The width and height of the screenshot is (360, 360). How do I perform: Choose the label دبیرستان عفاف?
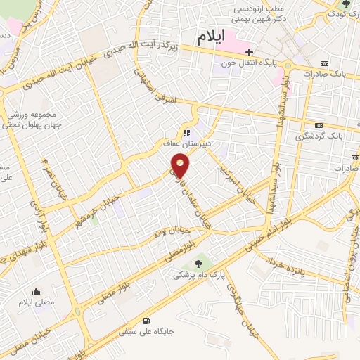183,143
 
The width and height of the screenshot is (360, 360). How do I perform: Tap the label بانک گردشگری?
323,136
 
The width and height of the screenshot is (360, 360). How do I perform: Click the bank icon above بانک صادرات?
323,63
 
